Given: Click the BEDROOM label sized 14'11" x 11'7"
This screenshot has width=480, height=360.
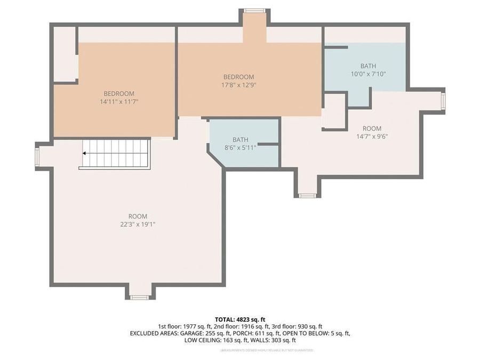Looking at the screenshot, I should [119, 93].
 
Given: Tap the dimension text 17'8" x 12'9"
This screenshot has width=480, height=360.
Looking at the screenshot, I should [238, 85].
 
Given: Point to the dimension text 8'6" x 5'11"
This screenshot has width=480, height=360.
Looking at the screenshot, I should [240, 147].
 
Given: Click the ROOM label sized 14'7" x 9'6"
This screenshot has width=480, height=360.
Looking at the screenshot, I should [372, 129].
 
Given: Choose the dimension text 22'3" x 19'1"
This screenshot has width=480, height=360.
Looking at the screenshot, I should [138, 225].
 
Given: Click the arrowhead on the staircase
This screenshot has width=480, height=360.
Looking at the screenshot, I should [84, 154].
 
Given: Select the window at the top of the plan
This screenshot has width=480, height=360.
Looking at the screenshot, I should [254, 11].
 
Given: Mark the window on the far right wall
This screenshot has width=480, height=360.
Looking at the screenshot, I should [443, 101].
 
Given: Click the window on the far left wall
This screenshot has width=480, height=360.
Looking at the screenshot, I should [37, 157].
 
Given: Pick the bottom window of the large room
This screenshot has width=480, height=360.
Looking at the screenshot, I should [139, 297].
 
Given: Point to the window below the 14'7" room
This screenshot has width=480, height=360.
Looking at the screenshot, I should [307, 196].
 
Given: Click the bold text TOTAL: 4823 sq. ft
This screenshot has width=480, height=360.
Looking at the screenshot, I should [239, 319].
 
